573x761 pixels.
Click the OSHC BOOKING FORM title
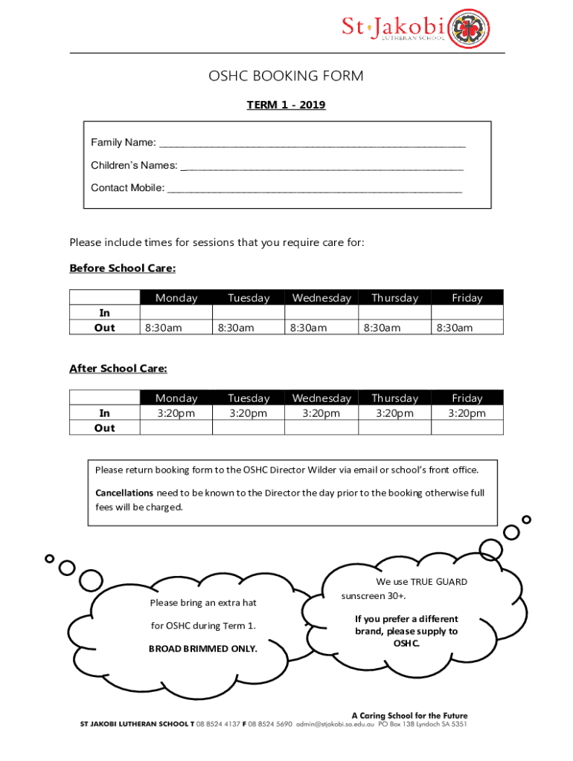point(286,76)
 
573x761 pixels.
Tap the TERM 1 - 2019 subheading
point(286,106)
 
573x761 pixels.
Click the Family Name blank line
point(313,143)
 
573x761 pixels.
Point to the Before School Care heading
point(122,268)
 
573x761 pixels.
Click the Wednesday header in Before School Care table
point(321,298)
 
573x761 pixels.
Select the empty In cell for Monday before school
point(176,313)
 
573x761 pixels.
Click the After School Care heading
point(118,368)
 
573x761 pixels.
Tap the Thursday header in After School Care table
point(394,398)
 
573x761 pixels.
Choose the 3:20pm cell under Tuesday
point(249,413)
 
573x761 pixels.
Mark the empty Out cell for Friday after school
point(467,428)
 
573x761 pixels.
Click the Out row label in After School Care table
point(105,428)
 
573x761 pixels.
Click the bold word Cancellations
point(124,493)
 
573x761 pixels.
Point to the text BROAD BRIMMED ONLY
point(203,649)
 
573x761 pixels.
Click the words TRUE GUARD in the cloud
point(441,582)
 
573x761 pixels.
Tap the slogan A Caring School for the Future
point(409,715)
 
